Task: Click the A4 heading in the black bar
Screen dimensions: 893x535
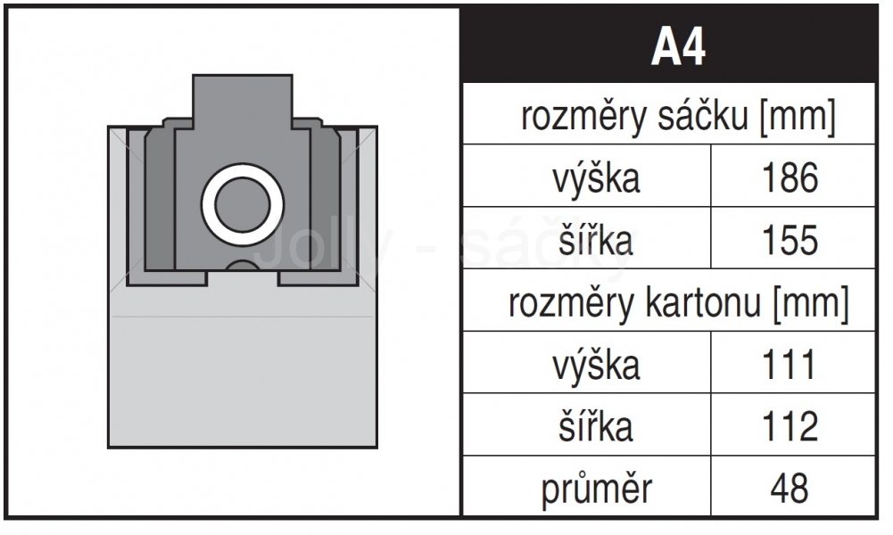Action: (x=678, y=47)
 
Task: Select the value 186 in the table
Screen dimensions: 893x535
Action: (x=790, y=177)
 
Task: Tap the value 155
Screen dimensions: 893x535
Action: (x=790, y=240)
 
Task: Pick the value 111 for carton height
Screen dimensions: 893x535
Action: (x=789, y=365)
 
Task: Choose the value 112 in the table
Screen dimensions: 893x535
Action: (x=790, y=426)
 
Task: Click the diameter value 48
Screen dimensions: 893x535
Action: (x=790, y=489)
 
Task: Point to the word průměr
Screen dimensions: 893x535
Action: (x=596, y=489)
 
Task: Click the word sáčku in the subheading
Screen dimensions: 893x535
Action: (x=703, y=116)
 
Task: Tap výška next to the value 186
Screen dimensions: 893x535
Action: (x=596, y=178)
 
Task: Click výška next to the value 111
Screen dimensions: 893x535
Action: (x=596, y=365)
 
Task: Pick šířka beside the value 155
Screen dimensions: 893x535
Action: (x=596, y=240)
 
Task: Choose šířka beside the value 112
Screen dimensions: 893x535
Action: (x=596, y=426)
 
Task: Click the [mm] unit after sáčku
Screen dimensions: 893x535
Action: (x=798, y=117)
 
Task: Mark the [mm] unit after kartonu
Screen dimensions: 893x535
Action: (x=811, y=303)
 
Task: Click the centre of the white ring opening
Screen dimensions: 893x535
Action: (x=243, y=205)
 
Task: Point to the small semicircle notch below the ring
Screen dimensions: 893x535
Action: (x=243, y=265)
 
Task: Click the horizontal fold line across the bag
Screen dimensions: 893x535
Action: (x=243, y=317)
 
